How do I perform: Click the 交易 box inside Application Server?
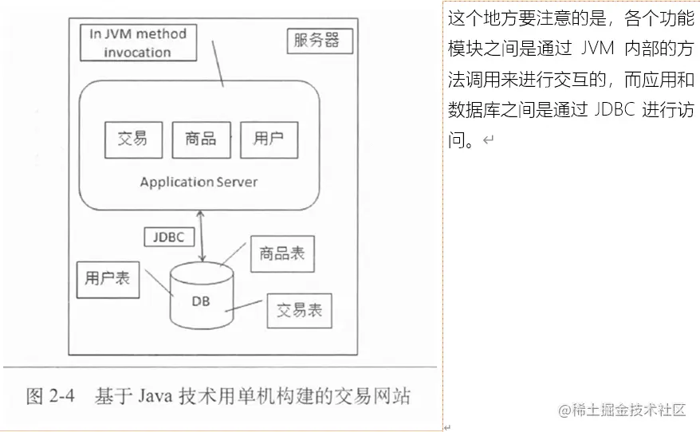[132, 139]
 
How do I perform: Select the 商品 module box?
[200, 139]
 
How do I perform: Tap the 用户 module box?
[269, 139]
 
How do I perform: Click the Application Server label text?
[199, 182]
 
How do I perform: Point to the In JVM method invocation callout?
[137, 43]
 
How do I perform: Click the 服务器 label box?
[317, 41]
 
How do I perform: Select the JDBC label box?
[169, 238]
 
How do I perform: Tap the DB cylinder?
[202, 298]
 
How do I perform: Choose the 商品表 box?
[281, 254]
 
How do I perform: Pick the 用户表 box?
[108, 279]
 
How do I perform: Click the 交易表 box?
[299, 310]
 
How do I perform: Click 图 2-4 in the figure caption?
[49, 396]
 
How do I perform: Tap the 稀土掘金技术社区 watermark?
[622, 410]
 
